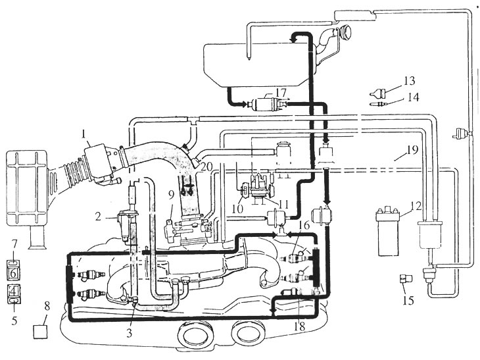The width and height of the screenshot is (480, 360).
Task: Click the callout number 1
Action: coord(85,134)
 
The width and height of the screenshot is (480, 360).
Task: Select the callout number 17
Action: coord(281,93)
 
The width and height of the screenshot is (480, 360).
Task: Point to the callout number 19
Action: coord(412,150)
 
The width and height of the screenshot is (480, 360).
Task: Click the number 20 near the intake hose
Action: coord(207,167)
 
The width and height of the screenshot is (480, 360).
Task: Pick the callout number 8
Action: coord(47,307)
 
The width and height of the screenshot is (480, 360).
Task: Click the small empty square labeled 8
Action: coord(40,332)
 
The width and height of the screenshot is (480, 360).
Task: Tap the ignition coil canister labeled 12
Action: coord(388,232)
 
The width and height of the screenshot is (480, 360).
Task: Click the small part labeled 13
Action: coord(377,92)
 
